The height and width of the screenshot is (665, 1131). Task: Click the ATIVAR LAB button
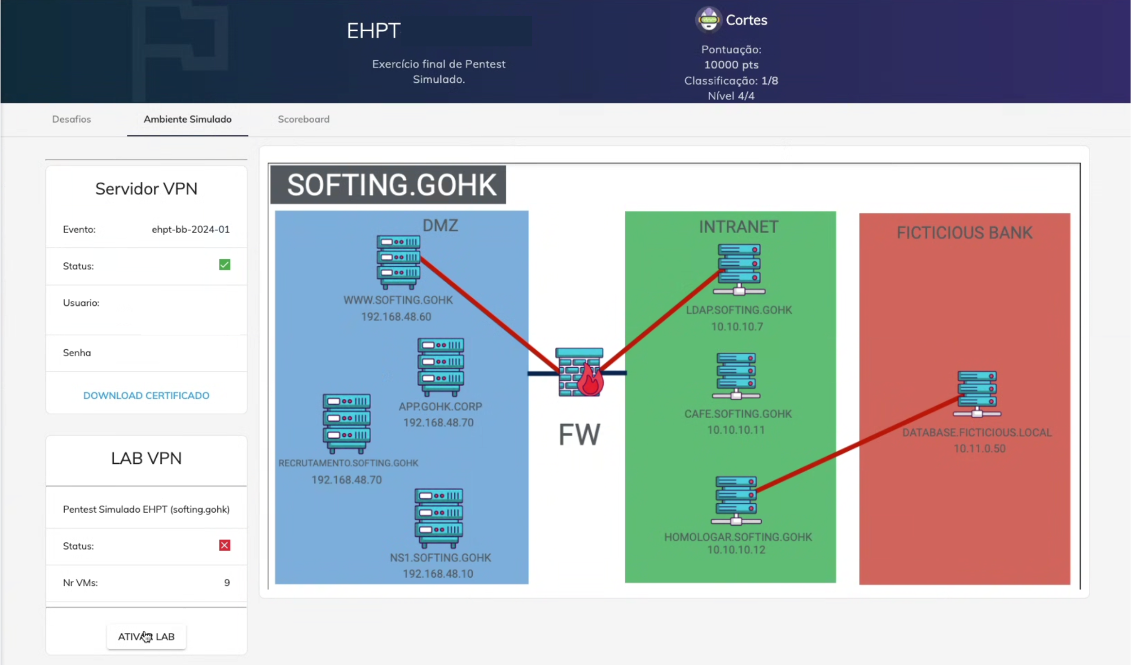[146, 636]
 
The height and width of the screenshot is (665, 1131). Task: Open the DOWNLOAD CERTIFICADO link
[146, 395]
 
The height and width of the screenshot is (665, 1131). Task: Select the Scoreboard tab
[303, 119]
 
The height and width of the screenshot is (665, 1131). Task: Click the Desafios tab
[71, 119]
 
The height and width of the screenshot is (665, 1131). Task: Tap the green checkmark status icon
[225, 265]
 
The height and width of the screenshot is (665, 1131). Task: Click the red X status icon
[225, 546]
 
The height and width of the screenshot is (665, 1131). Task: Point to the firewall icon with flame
[579, 373]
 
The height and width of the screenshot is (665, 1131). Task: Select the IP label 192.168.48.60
[396, 317]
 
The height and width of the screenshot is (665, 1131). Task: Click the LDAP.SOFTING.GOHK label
[739, 310]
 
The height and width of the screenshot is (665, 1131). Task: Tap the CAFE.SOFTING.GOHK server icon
[736, 376]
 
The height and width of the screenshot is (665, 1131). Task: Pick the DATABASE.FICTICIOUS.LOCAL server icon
[977, 394]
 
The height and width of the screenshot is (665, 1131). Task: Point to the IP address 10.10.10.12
[736, 550]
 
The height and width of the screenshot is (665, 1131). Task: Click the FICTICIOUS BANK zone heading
[964, 233]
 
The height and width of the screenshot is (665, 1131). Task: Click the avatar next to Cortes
[709, 20]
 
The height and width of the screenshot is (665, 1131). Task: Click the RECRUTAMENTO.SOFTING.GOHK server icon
[347, 423]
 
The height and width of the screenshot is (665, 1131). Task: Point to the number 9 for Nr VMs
[227, 583]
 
